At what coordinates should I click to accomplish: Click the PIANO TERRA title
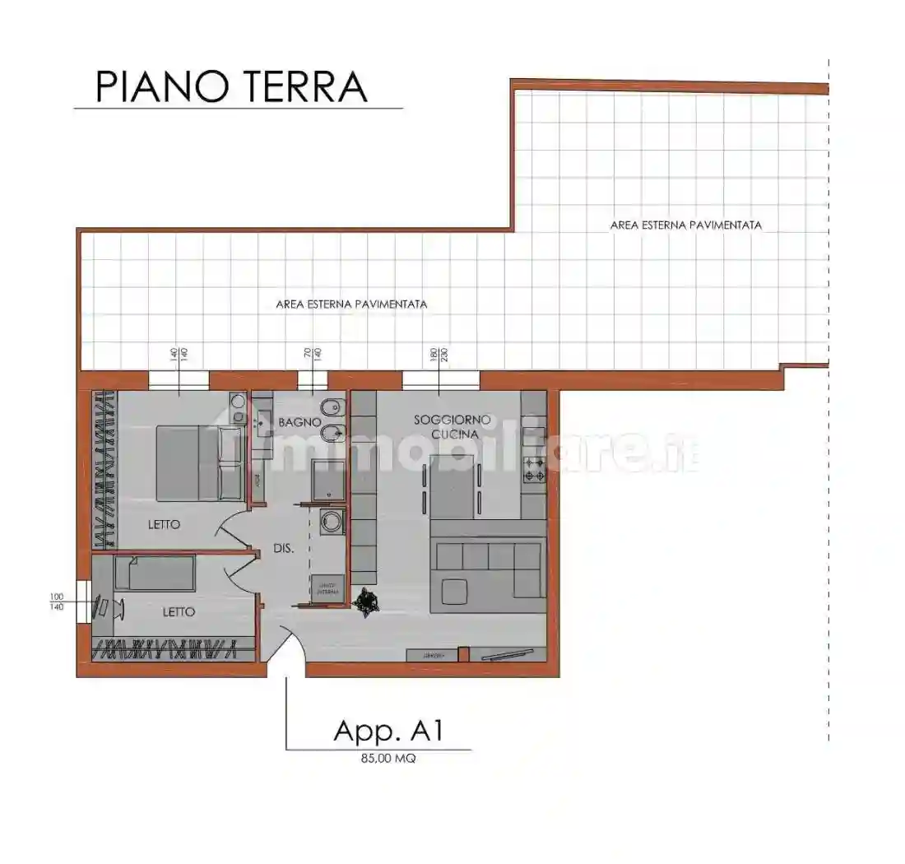[x=231, y=86]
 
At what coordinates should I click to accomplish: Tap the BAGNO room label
[x=299, y=422]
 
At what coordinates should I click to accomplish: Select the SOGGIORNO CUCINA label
[x=452, y=426]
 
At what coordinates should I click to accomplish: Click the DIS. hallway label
[x=285, y=549]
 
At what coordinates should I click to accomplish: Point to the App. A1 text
[x=389, y=731]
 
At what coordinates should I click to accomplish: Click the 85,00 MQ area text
[x=388, y=759]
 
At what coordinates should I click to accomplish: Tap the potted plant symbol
[x=364, y=602]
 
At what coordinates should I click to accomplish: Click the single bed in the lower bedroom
[x=155, y=573]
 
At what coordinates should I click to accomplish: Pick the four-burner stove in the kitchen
[x=534, y=471]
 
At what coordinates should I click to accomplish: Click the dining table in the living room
[x=452, y=491]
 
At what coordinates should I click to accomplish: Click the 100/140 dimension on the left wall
[x=57, y=602]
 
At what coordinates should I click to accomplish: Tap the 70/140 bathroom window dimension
[x=312, y=355]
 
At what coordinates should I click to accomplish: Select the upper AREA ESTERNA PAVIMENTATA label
[x=685, y=225]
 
